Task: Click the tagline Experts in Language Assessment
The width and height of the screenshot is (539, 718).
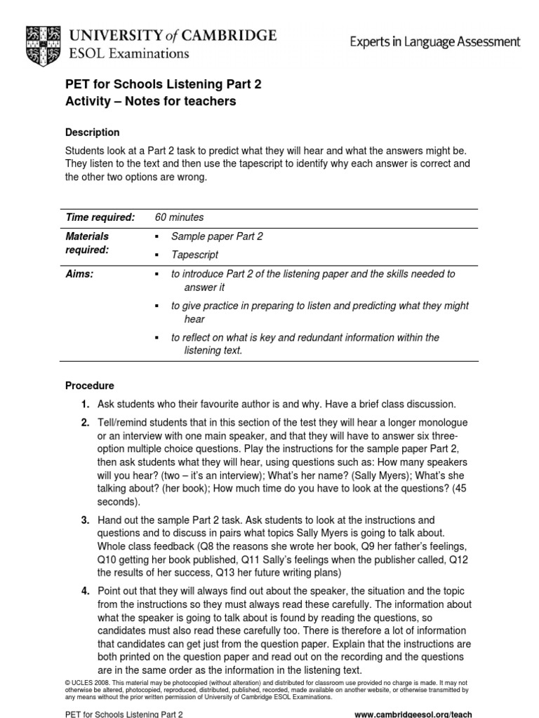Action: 435,42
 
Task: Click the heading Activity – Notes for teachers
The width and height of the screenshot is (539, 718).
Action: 150,102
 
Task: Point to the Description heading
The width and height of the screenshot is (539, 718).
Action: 92,133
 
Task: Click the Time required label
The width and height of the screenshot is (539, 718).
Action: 99,218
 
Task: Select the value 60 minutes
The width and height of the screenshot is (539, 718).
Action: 179,218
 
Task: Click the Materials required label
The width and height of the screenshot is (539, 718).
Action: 87,243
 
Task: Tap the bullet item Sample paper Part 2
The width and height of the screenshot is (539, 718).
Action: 217,237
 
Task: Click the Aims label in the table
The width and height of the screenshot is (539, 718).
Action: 79,275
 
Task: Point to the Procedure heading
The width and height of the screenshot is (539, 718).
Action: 89,386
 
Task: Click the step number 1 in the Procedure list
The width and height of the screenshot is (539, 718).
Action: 85,405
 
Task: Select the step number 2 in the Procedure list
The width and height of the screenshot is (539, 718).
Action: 85,423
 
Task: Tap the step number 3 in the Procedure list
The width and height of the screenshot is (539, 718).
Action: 85,520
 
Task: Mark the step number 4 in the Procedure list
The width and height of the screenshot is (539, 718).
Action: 85,591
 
